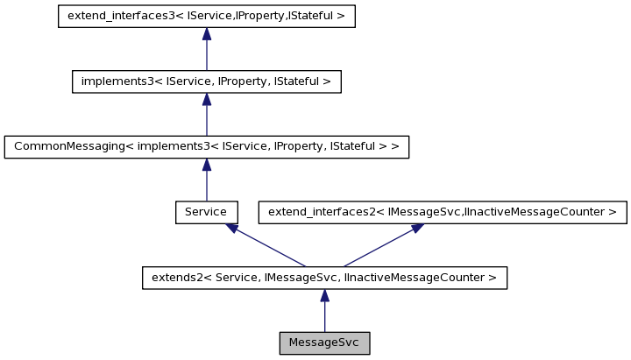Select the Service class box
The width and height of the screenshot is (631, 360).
(x=206, y=212)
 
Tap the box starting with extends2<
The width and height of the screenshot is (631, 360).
(x=324, y=278)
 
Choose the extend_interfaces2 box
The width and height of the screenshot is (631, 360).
(x=442, y=212)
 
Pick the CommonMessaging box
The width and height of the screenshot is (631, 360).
(x=206, y=146)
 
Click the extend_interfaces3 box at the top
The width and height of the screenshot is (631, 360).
(x=206, y=17)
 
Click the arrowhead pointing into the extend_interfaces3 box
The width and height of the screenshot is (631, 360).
(x=206, y=34)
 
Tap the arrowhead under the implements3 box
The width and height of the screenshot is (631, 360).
(x=206, y=99)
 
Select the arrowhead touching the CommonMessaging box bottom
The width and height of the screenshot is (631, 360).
(x=206, y=165)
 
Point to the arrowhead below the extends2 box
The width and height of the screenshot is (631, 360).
(x=324, y=296)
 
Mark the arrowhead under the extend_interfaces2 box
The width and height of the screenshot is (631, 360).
(x=418, y=228)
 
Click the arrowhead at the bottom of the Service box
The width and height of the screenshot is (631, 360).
(x=231, y=228)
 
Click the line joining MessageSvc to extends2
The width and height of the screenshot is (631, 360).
(x=324, y=315)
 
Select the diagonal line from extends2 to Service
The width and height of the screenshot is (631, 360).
(x=267, y=247)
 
